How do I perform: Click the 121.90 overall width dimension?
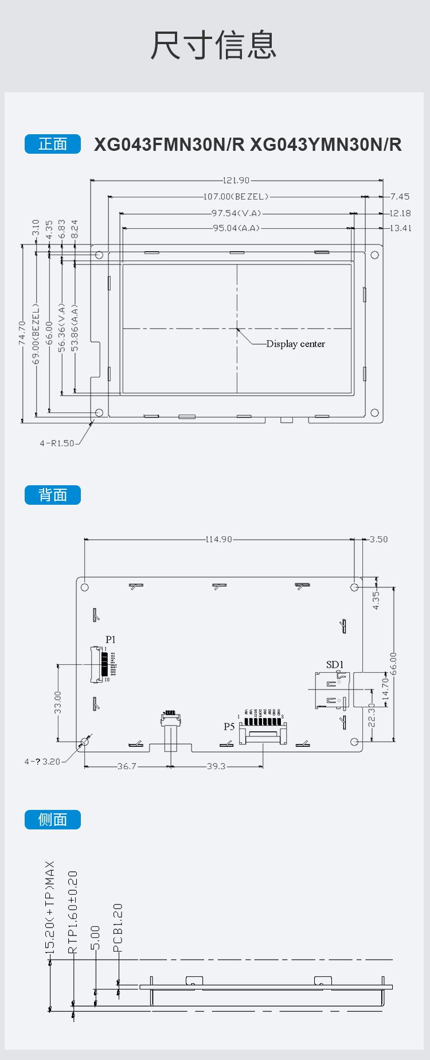236,180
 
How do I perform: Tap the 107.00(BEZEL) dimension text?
236,197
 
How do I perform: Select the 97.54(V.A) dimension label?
236,213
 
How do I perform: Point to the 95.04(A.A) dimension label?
236,228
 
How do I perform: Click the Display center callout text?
295,344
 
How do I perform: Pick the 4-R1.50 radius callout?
57,443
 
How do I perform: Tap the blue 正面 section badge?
53,144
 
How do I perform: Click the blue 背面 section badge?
53,495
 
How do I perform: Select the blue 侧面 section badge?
53,820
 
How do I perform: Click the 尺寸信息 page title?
214,45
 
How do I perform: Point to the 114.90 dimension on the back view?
219,539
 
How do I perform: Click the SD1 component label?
335,665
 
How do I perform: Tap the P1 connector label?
111,640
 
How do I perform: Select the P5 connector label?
229,727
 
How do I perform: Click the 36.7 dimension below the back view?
127,766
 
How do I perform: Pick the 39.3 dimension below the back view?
216,766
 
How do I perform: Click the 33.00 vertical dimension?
57,703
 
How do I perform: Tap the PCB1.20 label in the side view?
118,928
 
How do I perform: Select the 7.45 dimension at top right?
400,197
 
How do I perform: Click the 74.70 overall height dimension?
22,333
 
